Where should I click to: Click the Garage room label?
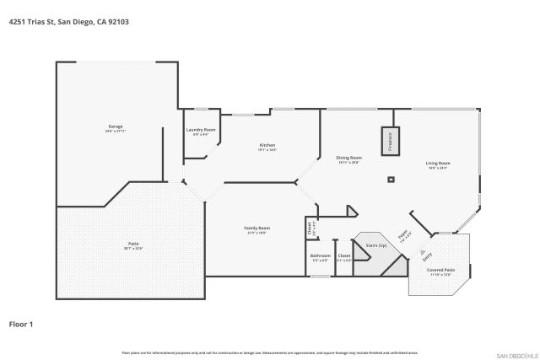pos(115,126)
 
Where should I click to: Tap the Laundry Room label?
pos(201,130)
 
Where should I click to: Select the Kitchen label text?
pos(267,145)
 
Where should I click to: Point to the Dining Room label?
pos(349,158)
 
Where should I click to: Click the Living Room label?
pos(437,163)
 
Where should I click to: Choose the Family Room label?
pos(256,228)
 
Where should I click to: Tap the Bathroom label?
pos(320,255)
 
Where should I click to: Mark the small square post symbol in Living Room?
pos(391,179)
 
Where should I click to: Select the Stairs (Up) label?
pos(375,245)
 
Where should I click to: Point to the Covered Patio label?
pos(441,270)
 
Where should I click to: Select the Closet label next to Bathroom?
pos(344,255)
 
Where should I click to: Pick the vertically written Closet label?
pos(310,227)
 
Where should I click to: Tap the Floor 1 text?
pos(21,323)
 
